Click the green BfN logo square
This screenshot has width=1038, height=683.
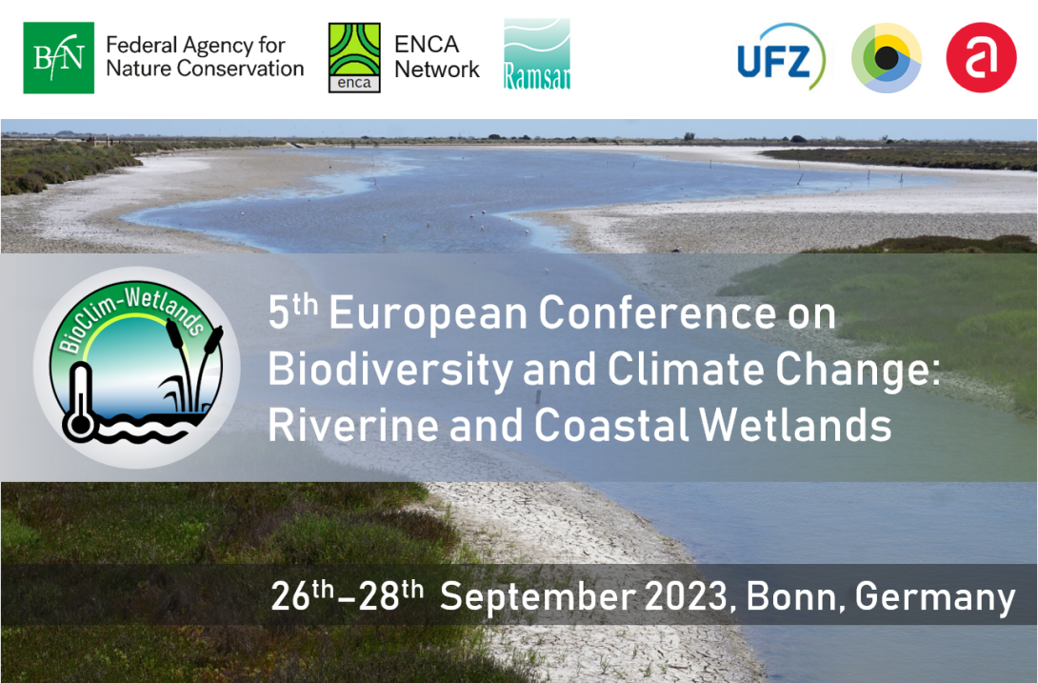[58, 58]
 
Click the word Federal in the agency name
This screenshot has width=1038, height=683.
[142, 45]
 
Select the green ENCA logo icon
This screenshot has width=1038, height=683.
[354, 58]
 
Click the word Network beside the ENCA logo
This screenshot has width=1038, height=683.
[437, 69]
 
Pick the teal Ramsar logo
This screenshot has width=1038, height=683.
[537, 54]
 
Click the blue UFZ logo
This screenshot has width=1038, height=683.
[781, 57]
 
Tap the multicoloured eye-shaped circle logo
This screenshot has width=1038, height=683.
[886, 58]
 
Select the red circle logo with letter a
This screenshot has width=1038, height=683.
[981, 58]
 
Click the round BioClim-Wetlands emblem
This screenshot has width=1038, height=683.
[136, 367]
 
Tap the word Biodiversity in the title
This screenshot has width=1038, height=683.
[389, 370]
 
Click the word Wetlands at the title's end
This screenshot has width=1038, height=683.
[795, 424]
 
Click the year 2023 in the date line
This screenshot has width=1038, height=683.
[687, 596]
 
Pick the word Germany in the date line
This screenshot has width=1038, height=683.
[935, 598]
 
